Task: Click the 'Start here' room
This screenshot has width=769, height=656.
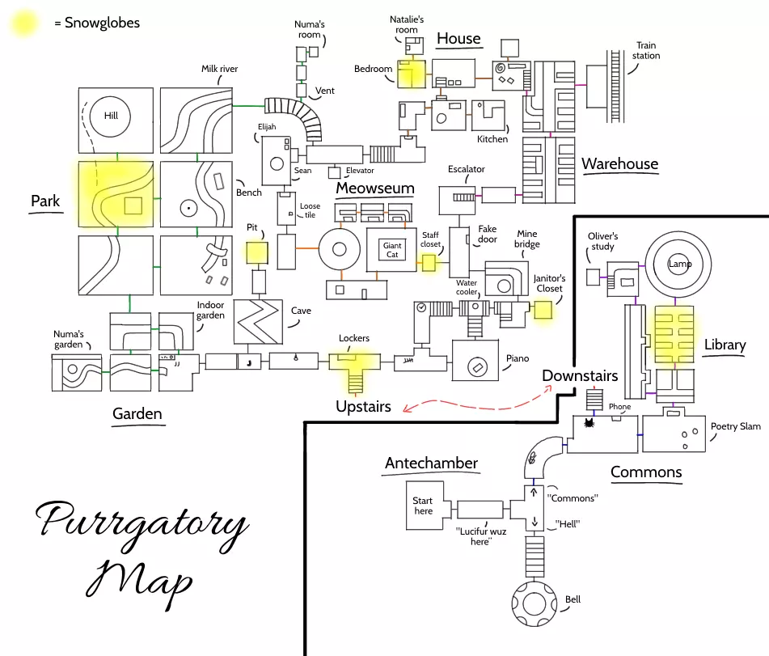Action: (424, 506)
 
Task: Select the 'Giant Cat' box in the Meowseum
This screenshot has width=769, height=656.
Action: (392, 250)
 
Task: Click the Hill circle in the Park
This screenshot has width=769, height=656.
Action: (111, 116)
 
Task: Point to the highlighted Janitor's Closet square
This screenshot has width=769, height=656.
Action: (543, 311)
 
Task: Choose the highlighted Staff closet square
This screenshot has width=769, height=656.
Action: (429, 263)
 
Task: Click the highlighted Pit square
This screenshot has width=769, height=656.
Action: (257, 252)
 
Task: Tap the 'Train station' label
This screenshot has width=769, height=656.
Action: (647, 51)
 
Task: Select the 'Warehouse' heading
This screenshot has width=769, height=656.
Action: (619, 164)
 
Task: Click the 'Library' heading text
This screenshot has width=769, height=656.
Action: (725, 345)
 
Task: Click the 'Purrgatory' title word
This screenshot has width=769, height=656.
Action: (142, 524)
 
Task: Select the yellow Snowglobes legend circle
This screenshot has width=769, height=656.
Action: (25, 23)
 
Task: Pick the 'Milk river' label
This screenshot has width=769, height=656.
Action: (219, 70)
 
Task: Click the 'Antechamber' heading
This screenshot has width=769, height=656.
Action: (431, 463)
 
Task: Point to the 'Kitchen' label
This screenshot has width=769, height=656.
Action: (492, 139)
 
